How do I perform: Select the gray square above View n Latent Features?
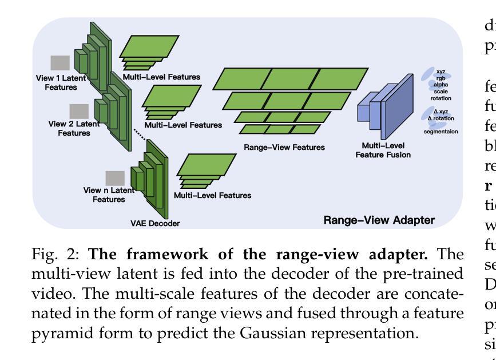tap(115, 179)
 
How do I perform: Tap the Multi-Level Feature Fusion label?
tap(383, 151)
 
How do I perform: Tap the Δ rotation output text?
tap(439, 117)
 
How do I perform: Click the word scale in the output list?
tap(441, 90)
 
